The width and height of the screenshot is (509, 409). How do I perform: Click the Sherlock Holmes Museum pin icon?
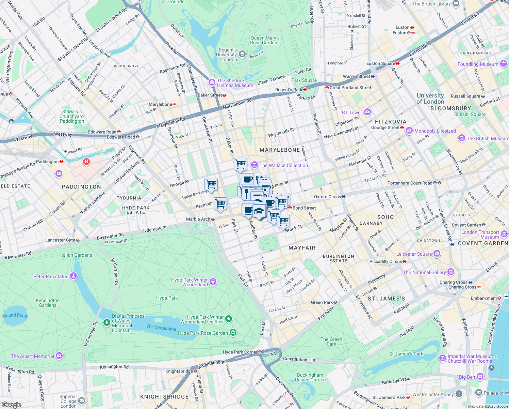(x=212, y=83)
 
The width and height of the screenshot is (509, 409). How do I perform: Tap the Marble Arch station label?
(x=198, y=219)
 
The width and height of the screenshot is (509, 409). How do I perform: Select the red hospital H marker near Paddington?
(x=86, y=162)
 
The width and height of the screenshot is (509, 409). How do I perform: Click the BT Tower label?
(x=352, y=112)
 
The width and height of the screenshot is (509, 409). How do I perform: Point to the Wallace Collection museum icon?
(x=254, y=165)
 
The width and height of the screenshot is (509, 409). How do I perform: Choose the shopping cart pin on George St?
(x=211, y=184)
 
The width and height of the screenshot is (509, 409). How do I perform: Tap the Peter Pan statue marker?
(x=73, y=276)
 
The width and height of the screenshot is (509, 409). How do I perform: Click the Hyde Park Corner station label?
(x=240, y=352)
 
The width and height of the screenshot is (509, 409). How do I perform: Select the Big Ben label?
(x=467, y=377)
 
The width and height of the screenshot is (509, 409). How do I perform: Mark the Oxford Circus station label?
(x=327, y=197)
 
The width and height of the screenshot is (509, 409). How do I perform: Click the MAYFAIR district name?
(x=302, y=248)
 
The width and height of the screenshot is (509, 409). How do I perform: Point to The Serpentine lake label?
(x=161, y=328)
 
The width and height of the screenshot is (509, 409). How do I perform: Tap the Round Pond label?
(x=15, y=315)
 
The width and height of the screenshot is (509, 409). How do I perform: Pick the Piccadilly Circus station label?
(x=385, y=261)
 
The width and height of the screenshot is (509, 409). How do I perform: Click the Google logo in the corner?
(x=11, y=405)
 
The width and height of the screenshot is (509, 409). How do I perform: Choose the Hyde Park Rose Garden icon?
(x=233, y=333)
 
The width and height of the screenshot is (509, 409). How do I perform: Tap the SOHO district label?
(x=385, y=217)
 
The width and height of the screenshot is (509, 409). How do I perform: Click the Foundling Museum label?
(x=478, y=64)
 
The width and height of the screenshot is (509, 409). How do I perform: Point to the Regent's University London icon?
(x=242, y=54)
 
